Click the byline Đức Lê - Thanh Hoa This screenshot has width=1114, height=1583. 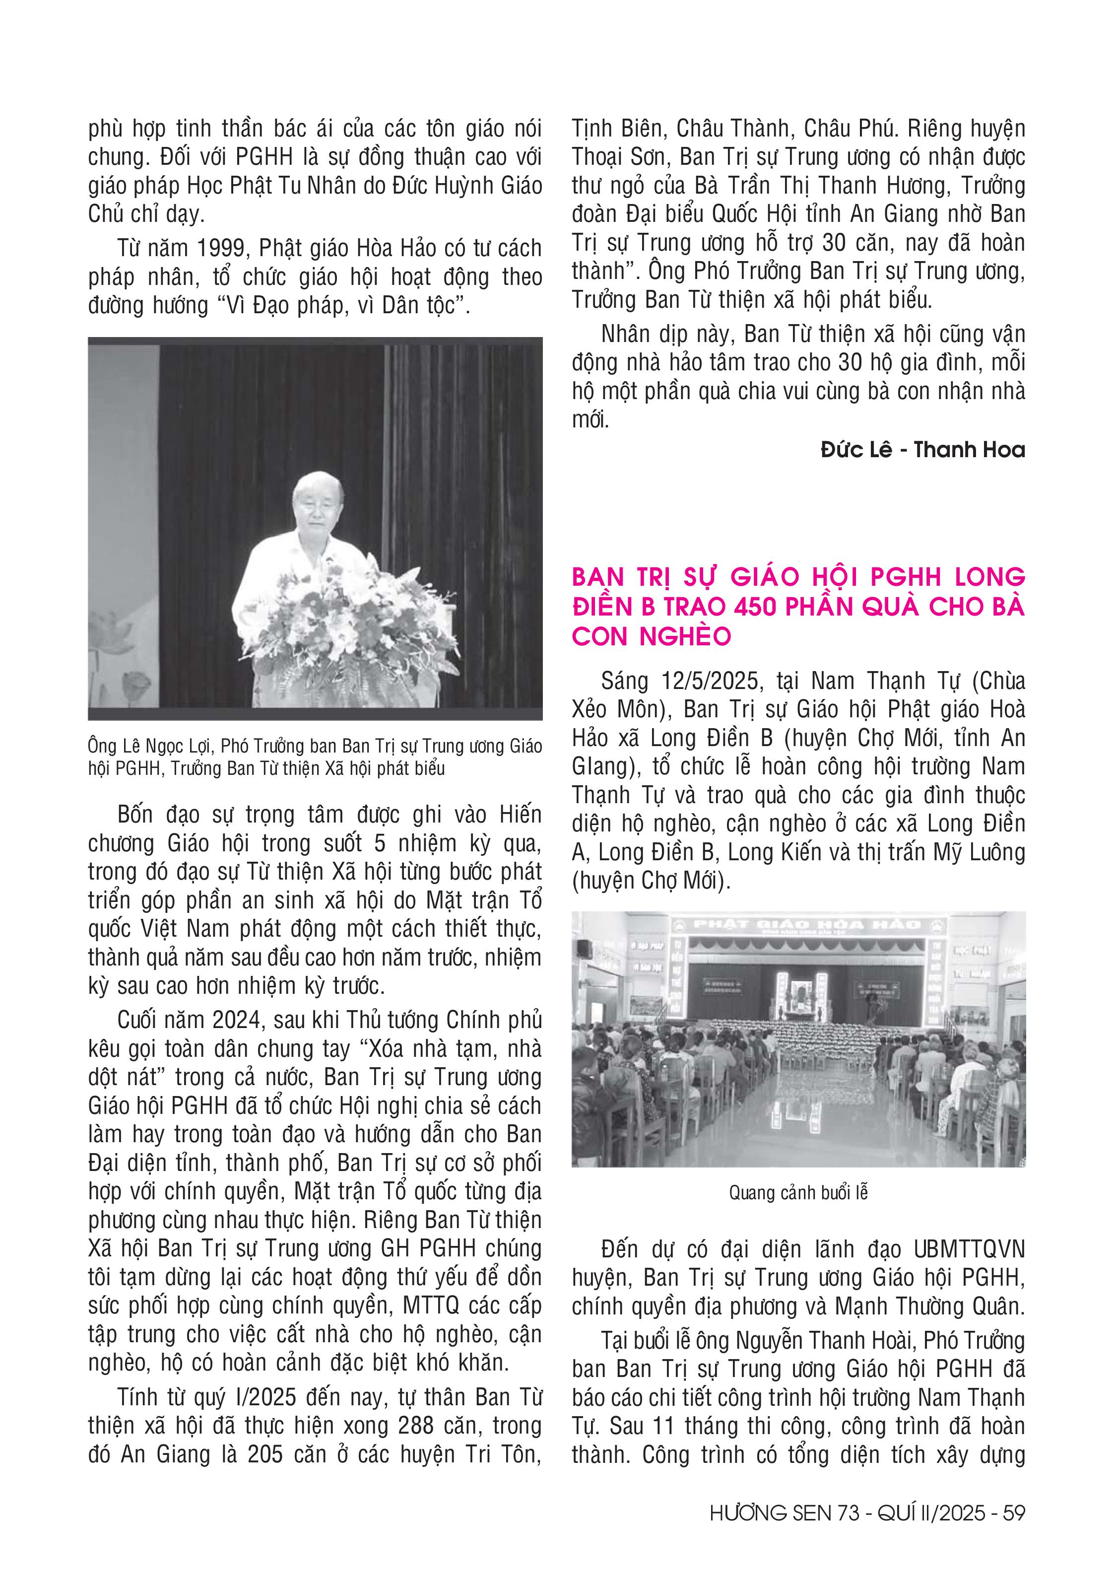coord(923,450)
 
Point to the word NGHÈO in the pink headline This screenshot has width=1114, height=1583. coord(685,636)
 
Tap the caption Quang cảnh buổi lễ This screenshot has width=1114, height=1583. coord(798,1193)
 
